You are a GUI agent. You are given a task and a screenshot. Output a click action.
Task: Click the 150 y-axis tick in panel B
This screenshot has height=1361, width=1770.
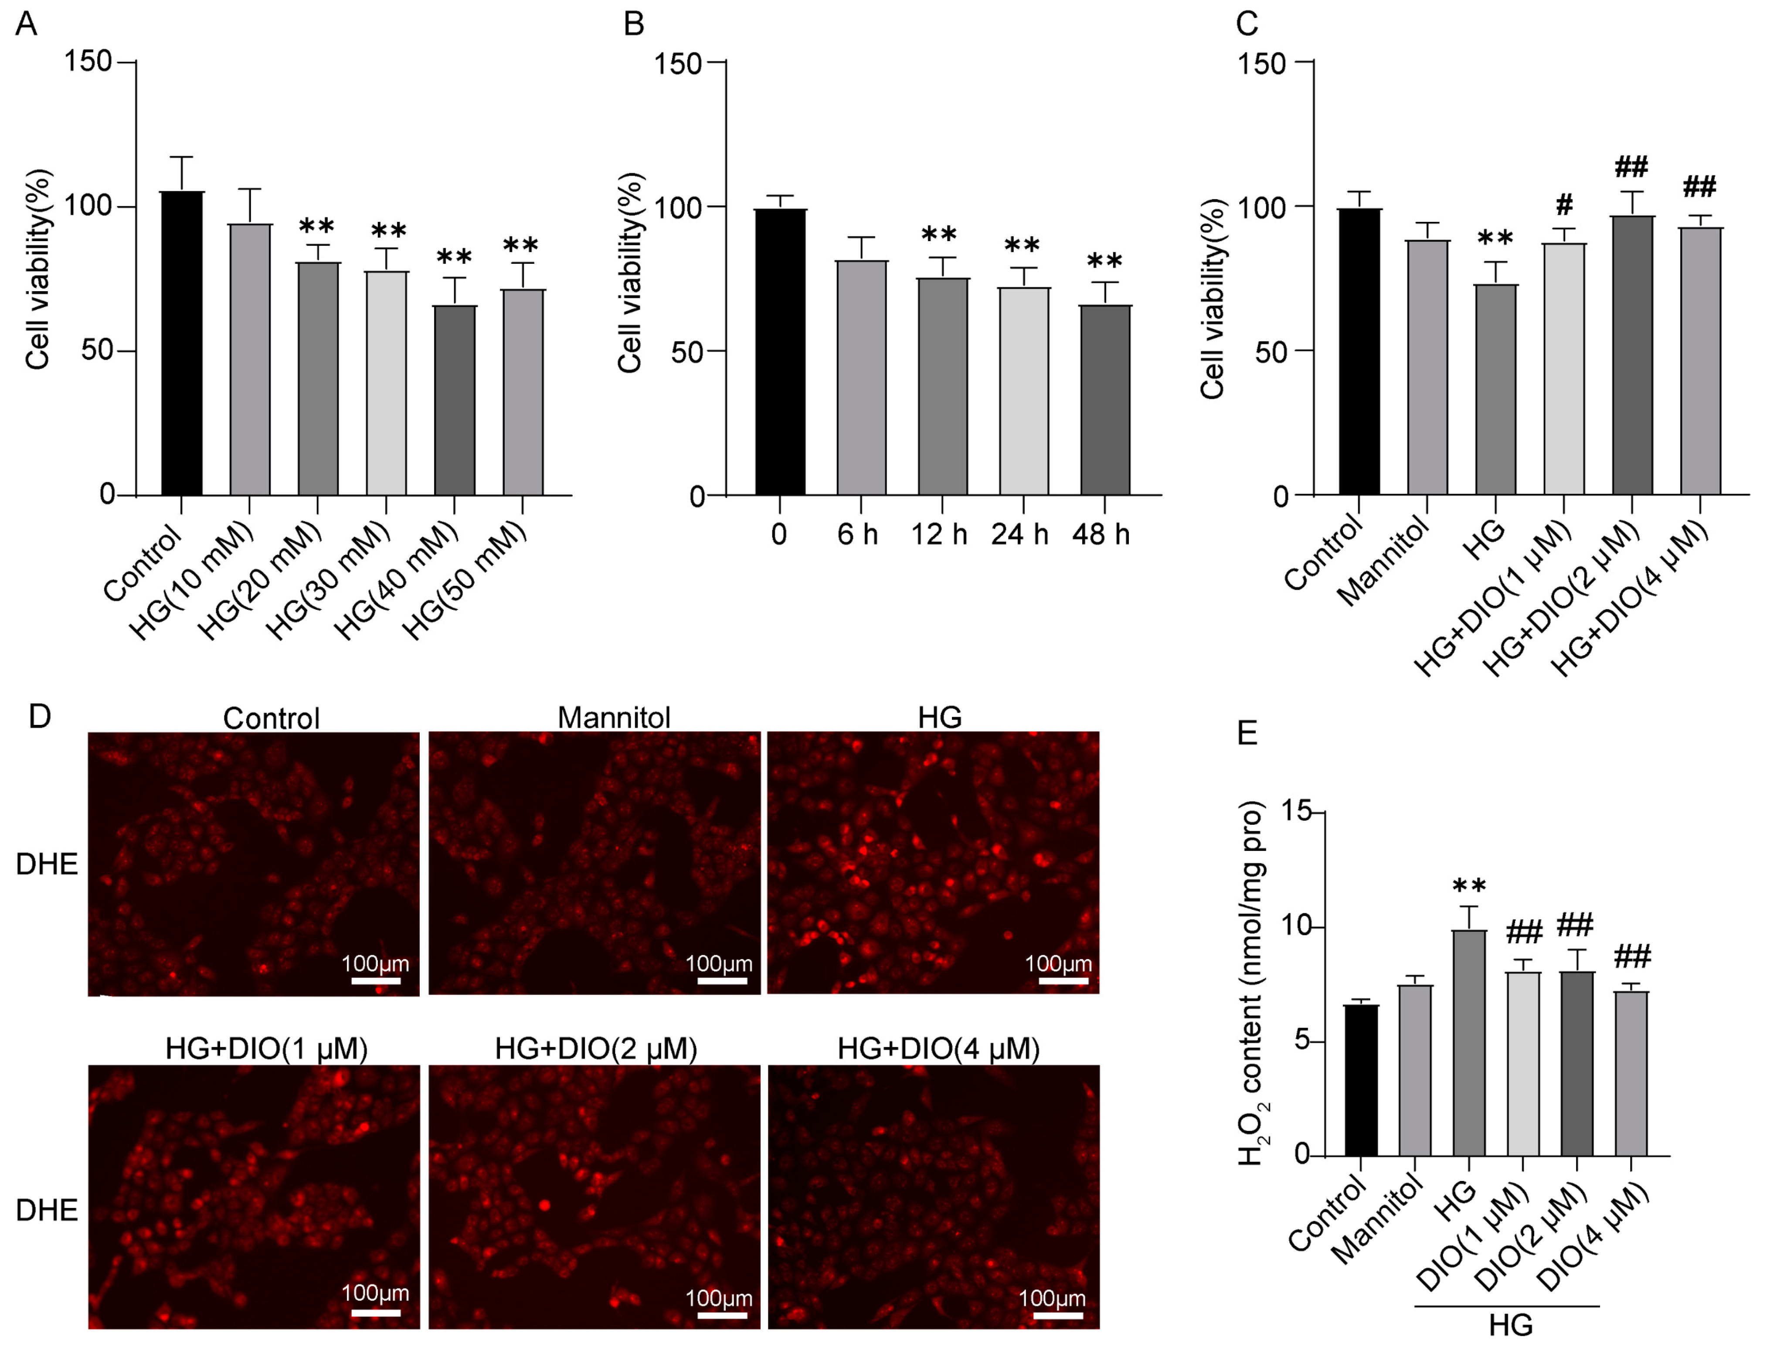click(677, 63)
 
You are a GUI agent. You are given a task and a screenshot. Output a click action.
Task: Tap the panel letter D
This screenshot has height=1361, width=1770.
click(39, 716)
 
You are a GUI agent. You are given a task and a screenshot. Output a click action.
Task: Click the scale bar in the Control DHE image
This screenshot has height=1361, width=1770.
click(376, 981)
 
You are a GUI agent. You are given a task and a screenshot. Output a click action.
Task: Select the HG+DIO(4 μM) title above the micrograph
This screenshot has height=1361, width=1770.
click(938, 1049)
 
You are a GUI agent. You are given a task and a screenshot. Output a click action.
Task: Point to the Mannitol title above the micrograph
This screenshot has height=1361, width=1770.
click(614, 718)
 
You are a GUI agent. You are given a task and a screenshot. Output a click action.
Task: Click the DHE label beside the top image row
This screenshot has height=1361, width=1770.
click(46, 864)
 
